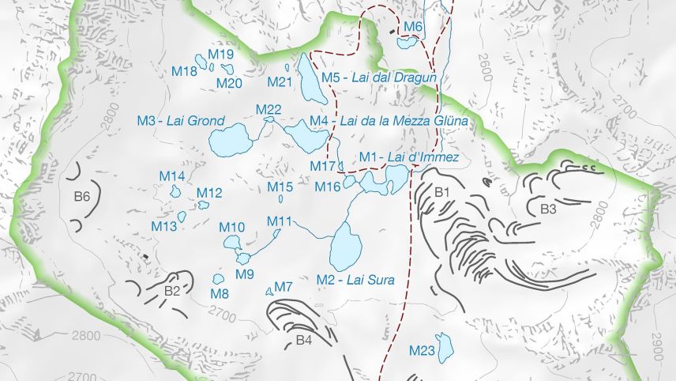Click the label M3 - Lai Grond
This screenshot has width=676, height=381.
coord(181,121)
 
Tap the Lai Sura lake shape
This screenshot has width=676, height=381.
coord(344,247)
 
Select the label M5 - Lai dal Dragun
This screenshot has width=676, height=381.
coord(379,77)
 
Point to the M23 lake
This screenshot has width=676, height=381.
coord(445,345)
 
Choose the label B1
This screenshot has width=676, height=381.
coord(442,191)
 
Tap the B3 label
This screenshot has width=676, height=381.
coord(549,209)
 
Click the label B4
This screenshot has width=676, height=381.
coord(304,341)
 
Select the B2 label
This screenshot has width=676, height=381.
coord(173,291)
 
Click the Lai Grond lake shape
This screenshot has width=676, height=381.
coord(230,141)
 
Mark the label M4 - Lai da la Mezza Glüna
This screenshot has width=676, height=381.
coord(389,121)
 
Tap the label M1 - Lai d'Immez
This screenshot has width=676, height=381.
coord(408,157)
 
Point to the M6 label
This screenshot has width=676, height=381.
coord(413,28)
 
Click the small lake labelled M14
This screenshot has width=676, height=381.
coord(175,191)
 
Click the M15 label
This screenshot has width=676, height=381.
coord(280,187)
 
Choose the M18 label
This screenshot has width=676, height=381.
coord(185,71)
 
